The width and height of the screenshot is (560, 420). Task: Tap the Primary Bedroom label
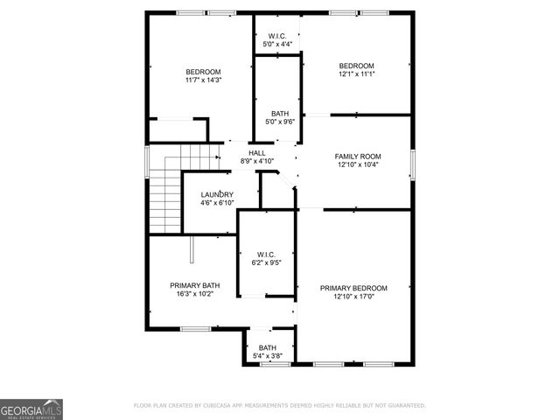click(353, 288)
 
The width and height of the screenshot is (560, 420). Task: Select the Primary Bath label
click(194, 285)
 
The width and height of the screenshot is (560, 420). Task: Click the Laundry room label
click(217, 194)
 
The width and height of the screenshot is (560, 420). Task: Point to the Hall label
click(256, 153)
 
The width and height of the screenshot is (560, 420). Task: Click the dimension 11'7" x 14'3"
click(203, 80)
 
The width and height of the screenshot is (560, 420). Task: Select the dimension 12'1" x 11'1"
click(356, 74)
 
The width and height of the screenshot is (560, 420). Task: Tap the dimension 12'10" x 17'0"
click(353, 297)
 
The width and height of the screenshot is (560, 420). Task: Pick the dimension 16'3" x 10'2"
click(194, 294)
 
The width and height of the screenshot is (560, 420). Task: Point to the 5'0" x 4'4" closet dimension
click(277, 45)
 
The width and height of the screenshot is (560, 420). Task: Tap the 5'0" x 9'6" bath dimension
click(280, 122)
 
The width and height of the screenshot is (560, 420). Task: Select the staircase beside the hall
click(164, 188)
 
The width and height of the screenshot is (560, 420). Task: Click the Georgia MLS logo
click(31, 409)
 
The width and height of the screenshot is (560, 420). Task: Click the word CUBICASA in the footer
click(224, 406)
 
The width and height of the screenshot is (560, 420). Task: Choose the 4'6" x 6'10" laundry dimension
click(217, 203)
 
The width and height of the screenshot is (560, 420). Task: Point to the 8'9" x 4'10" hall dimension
click(256, 161)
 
